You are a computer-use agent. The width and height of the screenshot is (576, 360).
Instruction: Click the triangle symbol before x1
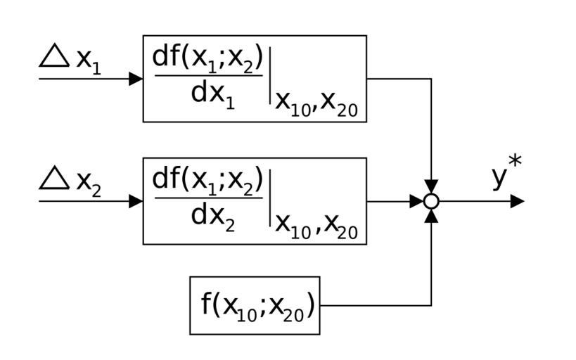point(53,56)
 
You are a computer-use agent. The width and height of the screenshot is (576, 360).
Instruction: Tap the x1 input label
point(88,61)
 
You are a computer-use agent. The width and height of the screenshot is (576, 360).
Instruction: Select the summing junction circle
point(431,201)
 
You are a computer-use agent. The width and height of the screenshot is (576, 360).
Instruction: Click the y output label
point(499,177)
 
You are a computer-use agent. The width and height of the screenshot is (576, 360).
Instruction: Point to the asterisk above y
point(516,162)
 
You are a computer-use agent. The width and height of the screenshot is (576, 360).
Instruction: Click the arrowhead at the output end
point(517,201)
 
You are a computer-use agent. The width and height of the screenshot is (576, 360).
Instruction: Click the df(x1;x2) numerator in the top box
point(207,59)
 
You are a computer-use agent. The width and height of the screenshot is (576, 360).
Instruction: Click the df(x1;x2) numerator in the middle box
point(207,181)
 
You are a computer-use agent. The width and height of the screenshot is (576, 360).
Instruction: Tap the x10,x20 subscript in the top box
point(316,103)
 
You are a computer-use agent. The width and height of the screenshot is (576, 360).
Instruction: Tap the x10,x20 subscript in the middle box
point(316,226)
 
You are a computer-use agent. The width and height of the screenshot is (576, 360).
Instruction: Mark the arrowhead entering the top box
point(136,79)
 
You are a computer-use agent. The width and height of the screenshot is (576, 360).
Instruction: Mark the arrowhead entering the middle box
point(136,201)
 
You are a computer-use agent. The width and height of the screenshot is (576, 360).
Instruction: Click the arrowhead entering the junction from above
point(431,187)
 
